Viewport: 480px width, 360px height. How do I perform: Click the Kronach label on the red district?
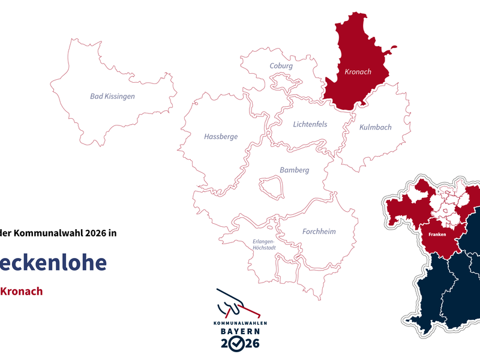(x=358, y=72)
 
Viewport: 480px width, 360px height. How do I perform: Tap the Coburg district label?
(x=281, y=66)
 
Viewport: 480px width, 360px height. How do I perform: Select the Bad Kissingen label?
(x=112, y=96)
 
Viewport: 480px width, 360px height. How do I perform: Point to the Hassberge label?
(x=221, y=137)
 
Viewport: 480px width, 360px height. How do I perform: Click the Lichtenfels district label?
(x=311, y=125)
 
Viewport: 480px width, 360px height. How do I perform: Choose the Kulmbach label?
(x=375, y=127)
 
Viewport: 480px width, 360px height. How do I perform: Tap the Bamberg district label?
(x=294, y=170)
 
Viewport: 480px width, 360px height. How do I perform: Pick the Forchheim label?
(x=319, y=232)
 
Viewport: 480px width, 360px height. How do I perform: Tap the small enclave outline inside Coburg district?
(x=281, y=81)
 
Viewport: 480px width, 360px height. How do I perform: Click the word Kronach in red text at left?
(x=21, y=292)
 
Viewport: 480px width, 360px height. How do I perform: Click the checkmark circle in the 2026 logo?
(x=238, y=344)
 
